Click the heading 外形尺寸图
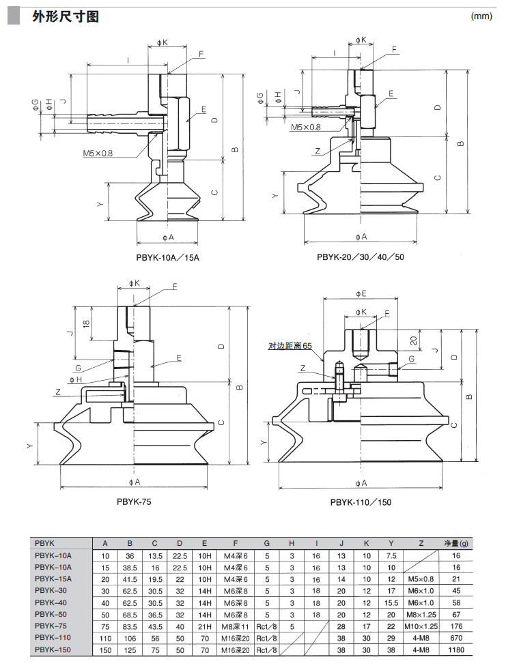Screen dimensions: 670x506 pos(66,16)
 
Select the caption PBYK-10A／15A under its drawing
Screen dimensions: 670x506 pos(168,258)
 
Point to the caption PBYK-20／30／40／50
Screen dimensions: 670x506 pos(361,257)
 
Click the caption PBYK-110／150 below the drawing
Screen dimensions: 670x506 pos(361,501)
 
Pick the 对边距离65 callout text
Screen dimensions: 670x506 pos(290,347)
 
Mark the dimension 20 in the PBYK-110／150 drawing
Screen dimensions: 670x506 pos(413,340)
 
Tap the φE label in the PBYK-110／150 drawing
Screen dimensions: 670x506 pos(361,293)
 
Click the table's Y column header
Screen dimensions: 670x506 pos(391,544)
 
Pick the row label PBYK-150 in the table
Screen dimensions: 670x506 pos(53,650)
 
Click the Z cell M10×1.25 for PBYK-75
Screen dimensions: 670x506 pos(421,626)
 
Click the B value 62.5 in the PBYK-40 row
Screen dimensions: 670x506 pos(130,602)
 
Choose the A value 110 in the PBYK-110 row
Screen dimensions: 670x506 pos(105,639)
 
